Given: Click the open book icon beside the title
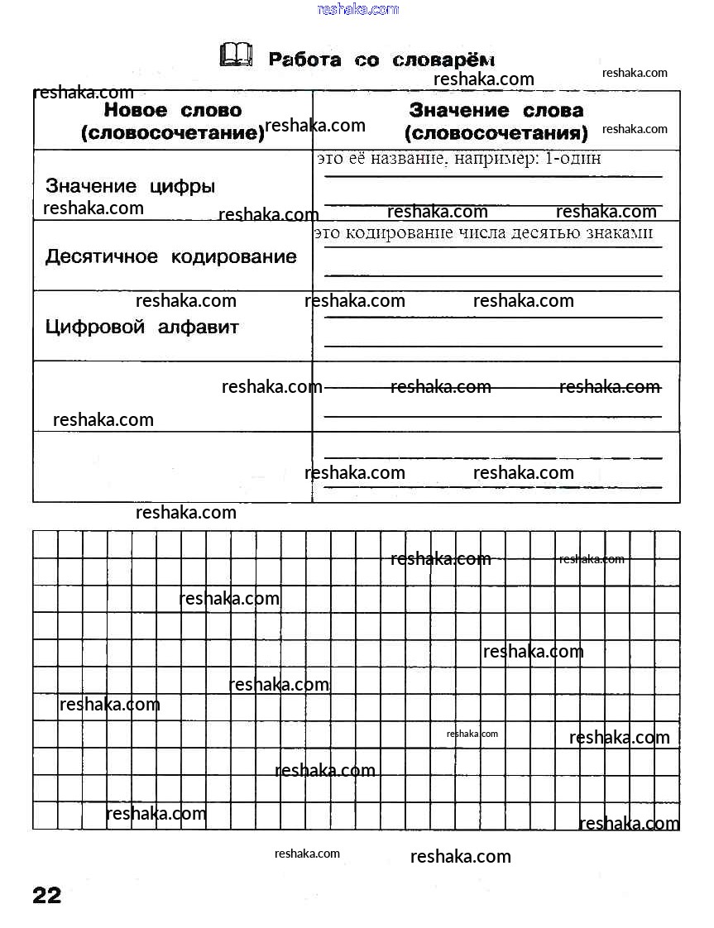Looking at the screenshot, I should tap(236, 55).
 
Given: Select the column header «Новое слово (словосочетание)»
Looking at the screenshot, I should tap(173, 122).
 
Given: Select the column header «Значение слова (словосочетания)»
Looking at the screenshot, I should tap(496, 122).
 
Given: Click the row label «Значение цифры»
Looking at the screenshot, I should tap(130, 185).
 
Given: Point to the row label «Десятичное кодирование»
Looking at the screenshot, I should tap(170, 256).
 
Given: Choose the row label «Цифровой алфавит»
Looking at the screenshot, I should tap(141, 327).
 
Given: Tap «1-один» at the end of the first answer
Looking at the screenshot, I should tap(573, 158).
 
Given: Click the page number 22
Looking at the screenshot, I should tap(47, 895).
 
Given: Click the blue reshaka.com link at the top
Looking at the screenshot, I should tap(358, 9).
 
